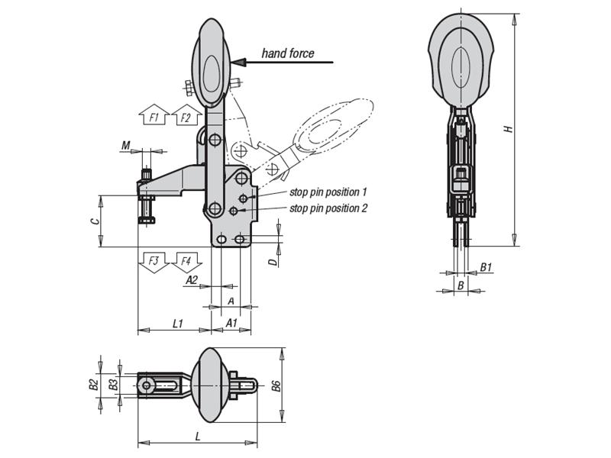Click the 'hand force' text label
(x=287, y=53)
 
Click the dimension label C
(x=93, y=221)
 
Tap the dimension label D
(x=272, y=262)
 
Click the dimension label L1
(x=176, y=323)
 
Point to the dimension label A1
(x=231, y=323)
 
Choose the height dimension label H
(x=506, y=130)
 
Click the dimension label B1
(x=486, y=268)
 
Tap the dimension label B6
(x=276, y=385)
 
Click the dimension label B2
(x=93, y=385)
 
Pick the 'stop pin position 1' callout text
(x=328, y=192)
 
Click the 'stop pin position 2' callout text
(x=328, y=208)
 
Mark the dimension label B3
(x=113, y=385)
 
